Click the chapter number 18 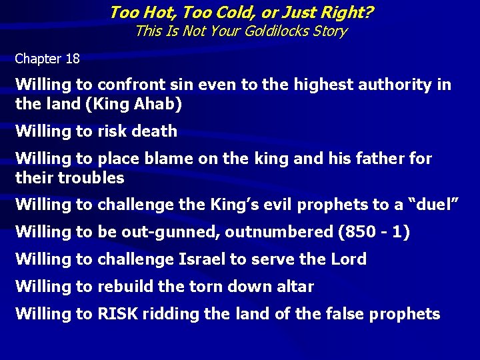tap(72, 59)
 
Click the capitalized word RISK tap(117, 314)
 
